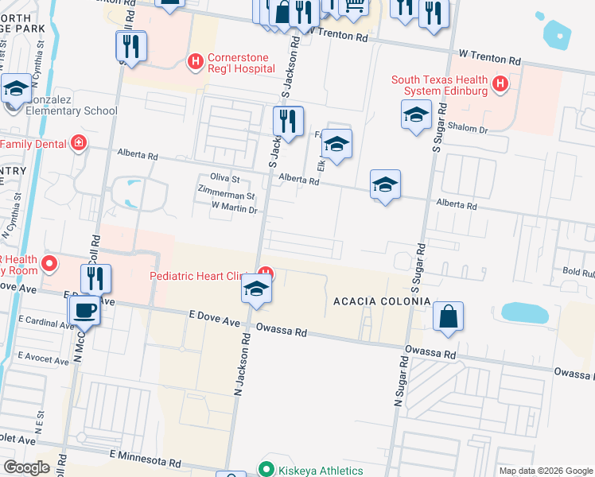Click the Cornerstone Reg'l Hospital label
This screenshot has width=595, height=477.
(241, 63)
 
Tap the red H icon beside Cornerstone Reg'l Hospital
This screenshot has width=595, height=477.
(194, 61)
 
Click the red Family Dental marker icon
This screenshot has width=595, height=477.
(78, 144)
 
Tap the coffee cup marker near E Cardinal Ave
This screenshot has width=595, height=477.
(84, 310)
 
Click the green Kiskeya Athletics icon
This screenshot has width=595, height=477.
(267, 470)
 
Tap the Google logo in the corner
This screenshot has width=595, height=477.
(26, 467)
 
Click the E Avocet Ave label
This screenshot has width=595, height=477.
(43, 360)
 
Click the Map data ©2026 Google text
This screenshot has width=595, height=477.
(545, 471)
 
